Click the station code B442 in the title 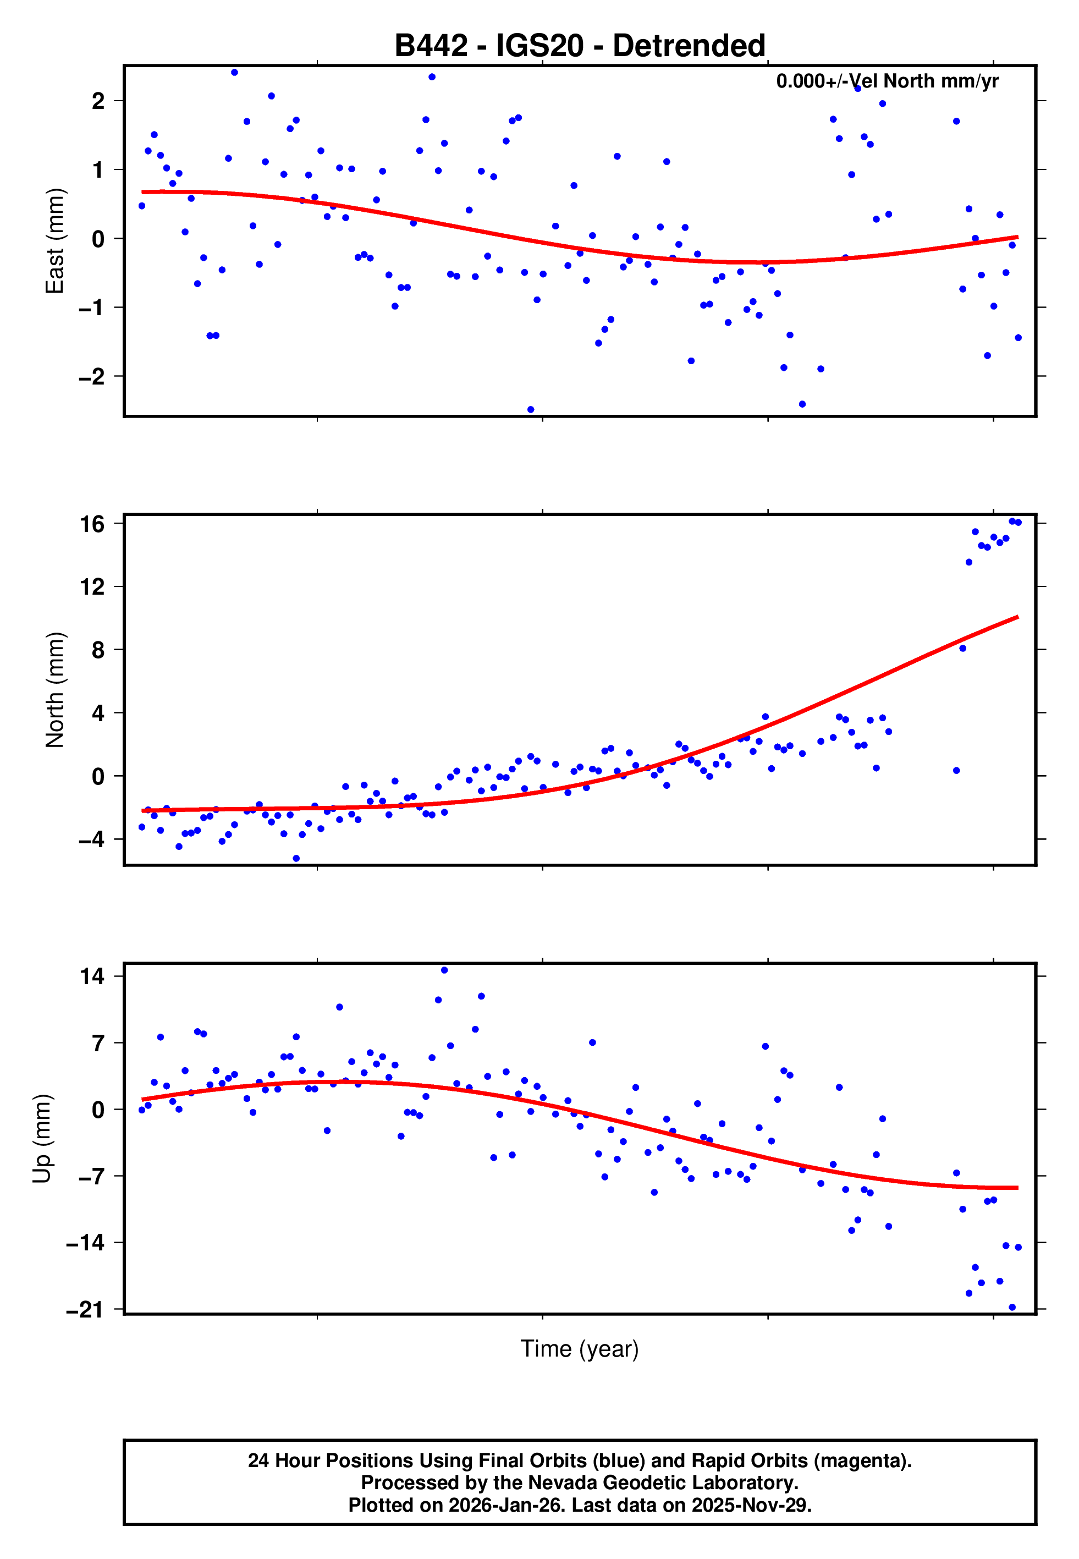[x=431, y=46]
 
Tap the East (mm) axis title [x=55, y=241]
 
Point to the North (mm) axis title [x=55, y=690]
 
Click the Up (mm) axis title [x=42, y=1139]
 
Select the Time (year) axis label [x=580, y=1349]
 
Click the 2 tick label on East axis [x=98, y=101]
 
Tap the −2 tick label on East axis [x=92, y=377]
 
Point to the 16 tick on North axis [x=92, y=524]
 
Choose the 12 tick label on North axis [x=92, y=587]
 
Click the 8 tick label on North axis [x=98, y=650]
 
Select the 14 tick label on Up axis [x=92, y=976]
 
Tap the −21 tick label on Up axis [x=86, y=1310]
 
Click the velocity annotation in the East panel [x=887, y=81]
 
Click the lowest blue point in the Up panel [x=1012, y=1308]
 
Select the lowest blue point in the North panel [x=296, y=859]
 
